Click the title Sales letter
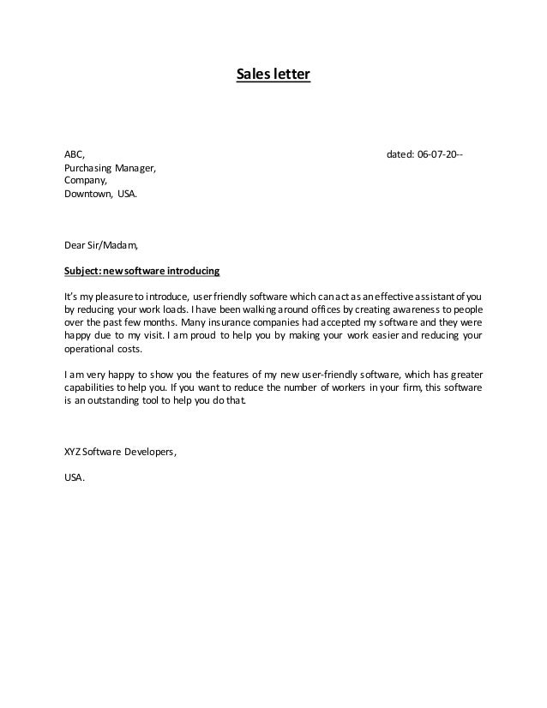click(x=273, y=75)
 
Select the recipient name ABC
click(x=75, y=154)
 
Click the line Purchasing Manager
click(x=111, y=168)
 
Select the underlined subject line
click(x=142, y=271)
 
